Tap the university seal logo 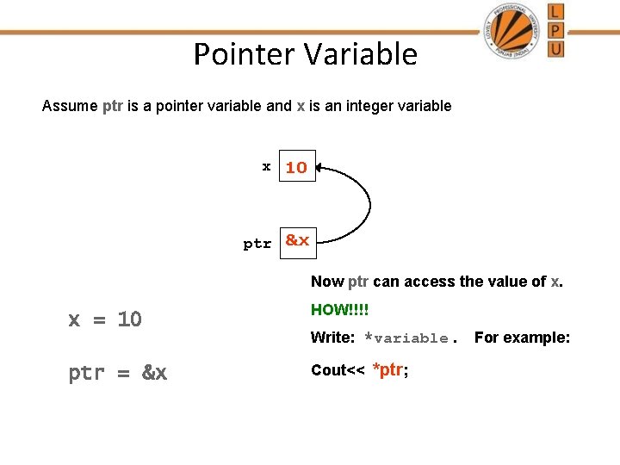513,30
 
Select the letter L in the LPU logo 556,11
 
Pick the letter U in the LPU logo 556,48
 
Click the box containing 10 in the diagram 297,167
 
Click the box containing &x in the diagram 297,241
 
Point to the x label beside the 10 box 267,165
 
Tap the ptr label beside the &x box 257,244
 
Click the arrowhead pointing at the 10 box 320,169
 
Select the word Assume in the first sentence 70,106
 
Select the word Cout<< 338,370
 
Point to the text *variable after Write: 406,338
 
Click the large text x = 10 105,319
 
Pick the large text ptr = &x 118,373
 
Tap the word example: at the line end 541,338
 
